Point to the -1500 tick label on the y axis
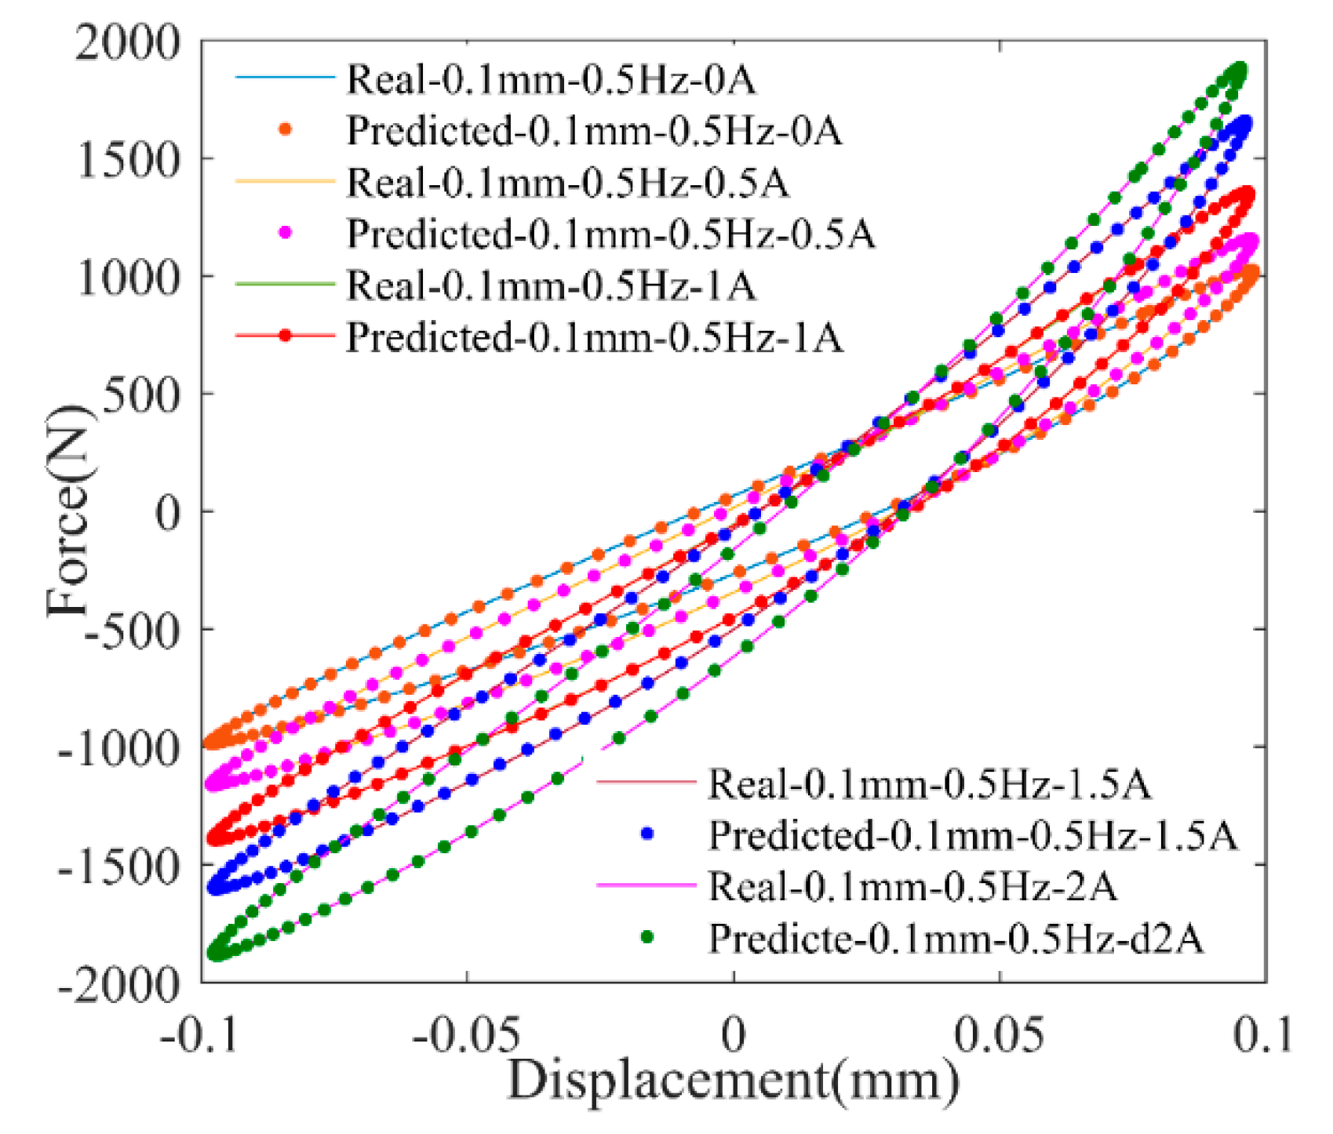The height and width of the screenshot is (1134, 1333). click(118, 865)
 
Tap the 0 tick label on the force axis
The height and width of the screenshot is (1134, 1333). click(166, 513)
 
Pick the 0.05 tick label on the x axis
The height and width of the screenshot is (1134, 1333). click(998, 1035)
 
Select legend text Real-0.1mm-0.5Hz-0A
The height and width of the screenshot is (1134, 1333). click(551, 79)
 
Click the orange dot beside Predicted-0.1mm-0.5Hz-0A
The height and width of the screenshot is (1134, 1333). click(286, 130)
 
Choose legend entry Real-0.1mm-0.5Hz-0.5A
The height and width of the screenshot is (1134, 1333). click(567, 182)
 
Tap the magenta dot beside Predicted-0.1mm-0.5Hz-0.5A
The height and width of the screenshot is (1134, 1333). click(286, 233)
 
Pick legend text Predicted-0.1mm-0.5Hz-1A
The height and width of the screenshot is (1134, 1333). click(594, 337)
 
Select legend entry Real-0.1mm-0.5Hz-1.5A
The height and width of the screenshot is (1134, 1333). click(929, 783)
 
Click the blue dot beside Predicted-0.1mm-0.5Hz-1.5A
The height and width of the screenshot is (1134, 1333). click(647, 834)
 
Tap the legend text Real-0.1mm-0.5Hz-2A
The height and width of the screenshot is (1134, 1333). click(912, 886)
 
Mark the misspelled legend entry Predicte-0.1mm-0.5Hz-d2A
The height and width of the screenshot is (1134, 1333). click(955, 938)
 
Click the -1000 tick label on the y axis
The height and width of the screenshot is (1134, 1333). click(118, 747)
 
